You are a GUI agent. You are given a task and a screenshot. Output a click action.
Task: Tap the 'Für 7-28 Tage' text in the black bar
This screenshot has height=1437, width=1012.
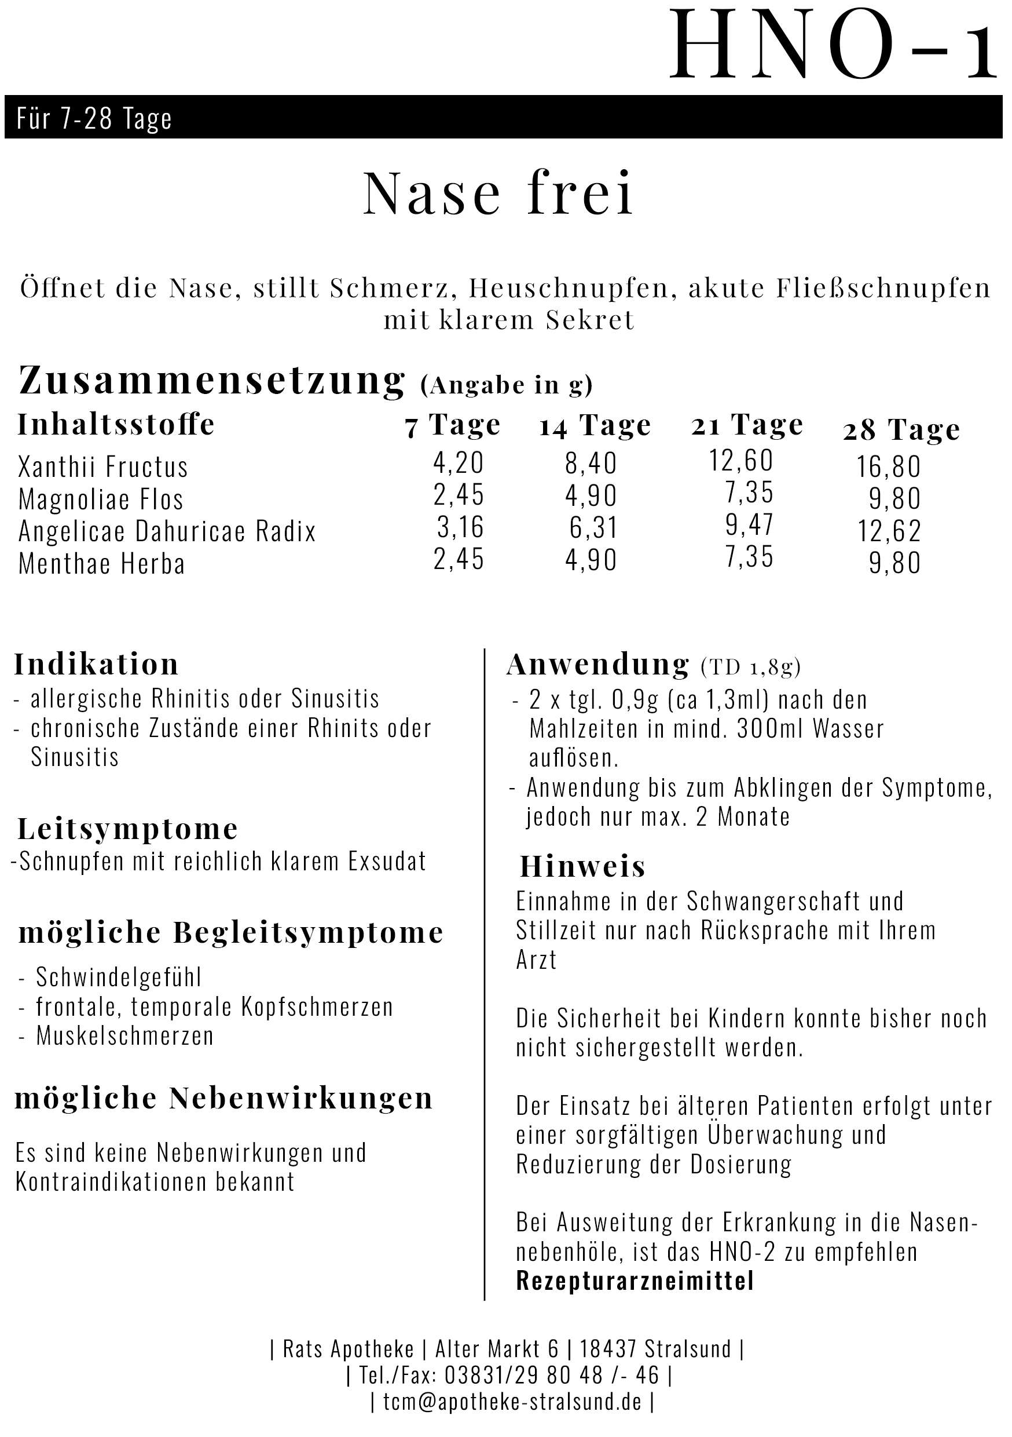pyautogui.click(x=94, y=118)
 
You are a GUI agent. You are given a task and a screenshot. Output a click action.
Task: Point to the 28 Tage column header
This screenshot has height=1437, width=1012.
pyautogui.click(x=901, y=430)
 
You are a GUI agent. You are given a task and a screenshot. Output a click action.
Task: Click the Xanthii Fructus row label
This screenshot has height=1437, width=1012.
pyautogui.click(x=103, y=467)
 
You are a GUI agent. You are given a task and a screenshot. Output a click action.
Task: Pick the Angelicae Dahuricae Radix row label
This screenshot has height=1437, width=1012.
pyautogui.click(x=167, y=531)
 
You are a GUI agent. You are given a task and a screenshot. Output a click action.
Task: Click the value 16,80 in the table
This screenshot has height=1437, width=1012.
pyautogui.click(x=888, y=467)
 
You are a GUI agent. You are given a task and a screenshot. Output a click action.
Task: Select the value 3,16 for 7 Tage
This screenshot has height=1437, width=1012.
pyautogui.click(x=460, y=527)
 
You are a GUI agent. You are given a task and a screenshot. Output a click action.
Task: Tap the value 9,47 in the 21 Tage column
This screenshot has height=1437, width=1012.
pyautogui.click(x=749, y=525)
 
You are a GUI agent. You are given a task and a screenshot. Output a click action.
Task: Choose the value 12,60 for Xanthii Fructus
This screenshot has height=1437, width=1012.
pyautogui.click(x=740, y=461)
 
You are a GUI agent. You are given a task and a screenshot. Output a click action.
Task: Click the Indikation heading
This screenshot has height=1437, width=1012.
pyautogui.click(x=96, y=664)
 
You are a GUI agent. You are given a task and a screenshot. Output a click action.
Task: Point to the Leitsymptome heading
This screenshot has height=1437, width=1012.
pyautogui.click(x=127, y=829)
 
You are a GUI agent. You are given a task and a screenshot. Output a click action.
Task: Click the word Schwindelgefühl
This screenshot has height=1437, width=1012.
pyautogui.click(x=118, y=977)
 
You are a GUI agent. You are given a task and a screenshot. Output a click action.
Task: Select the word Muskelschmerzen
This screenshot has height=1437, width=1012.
pyautogui.click(x=124, y=1036)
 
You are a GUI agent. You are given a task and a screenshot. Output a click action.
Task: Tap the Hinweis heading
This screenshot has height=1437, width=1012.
pyautogui.click(x=582, y=867)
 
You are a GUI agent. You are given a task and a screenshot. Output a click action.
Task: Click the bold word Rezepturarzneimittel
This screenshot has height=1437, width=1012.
pyautogui.click(x=634, y=1281)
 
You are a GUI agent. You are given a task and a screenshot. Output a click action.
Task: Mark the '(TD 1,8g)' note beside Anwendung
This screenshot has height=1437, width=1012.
pyautogui.click(x=750, y=667)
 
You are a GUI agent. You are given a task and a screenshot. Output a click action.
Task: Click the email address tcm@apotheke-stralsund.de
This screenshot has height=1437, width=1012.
pyautogui.click(x=512, y=1402)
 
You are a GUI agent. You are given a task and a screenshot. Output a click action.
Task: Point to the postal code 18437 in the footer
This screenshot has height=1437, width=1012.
pyautogui.click(x=607, y=1349)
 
